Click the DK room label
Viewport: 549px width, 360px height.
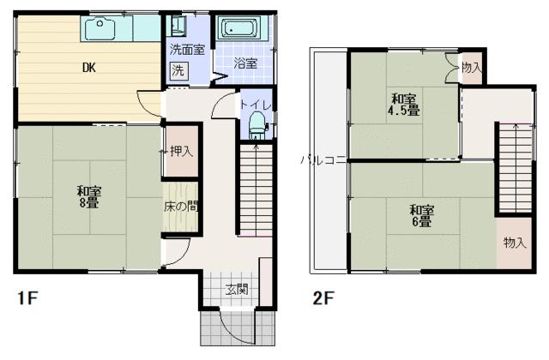pos(88,68)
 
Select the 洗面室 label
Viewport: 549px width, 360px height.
pos(186,50)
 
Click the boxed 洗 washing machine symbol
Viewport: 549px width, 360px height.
pos(178,70)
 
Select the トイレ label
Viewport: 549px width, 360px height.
pos(256,105)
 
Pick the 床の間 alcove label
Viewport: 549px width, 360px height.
pos(181,206)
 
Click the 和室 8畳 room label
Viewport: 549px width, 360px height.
pos(88,197)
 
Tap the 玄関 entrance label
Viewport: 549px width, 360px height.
pos(237,289)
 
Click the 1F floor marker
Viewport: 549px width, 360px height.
pos(27,298)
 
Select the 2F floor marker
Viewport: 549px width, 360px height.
pos(323,298)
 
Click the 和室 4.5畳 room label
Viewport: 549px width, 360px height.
pos(401,103)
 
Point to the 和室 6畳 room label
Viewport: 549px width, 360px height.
pos(420,215)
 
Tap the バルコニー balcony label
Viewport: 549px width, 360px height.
pos(323,159)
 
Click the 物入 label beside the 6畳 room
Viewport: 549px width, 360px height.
pos(515,243)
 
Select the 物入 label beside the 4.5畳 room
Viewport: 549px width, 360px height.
pos(471,67)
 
